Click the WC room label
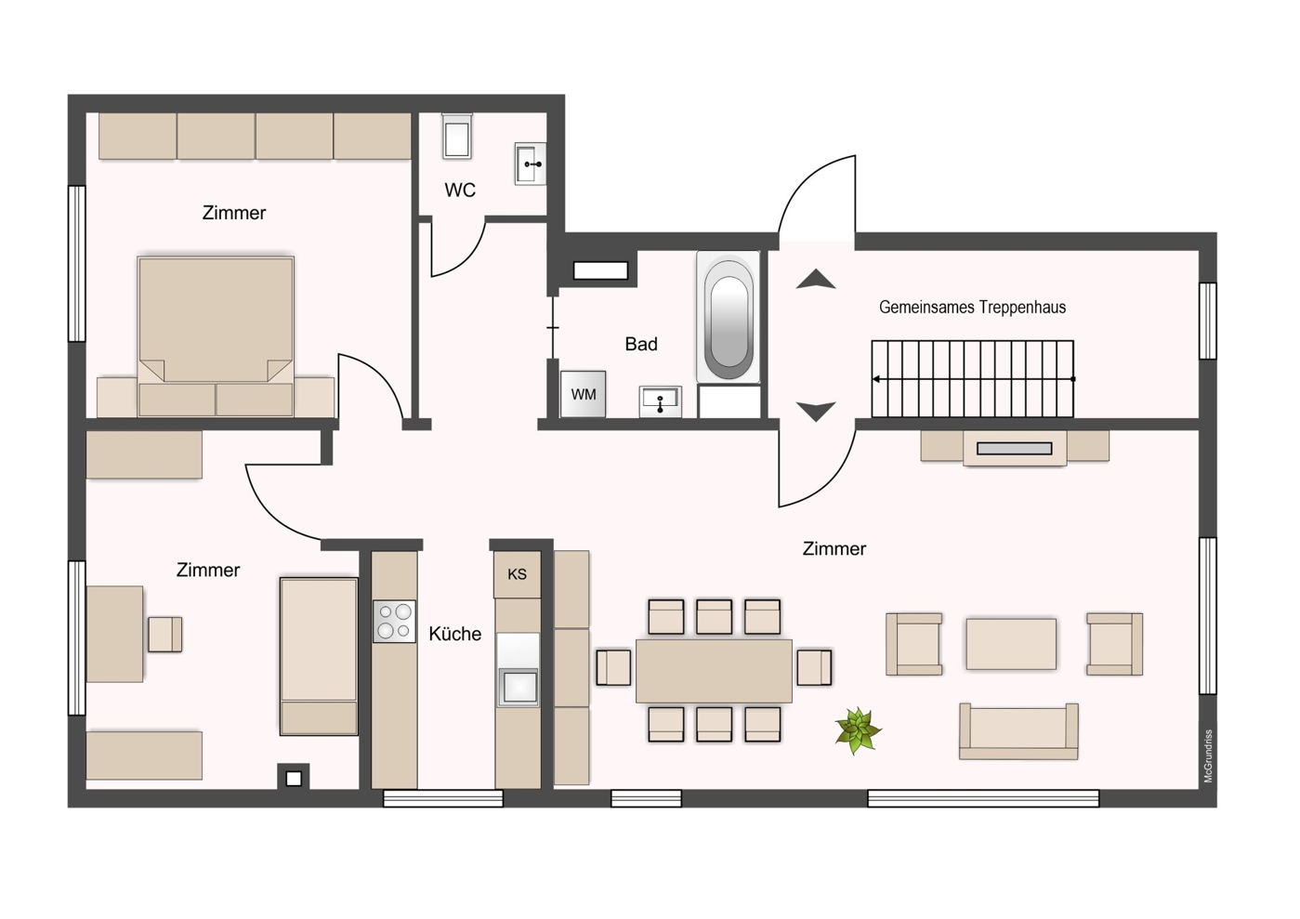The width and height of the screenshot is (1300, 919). pyautogui.click(x=460, y=190)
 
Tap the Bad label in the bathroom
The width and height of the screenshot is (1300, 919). pyautogui.click(x=641, y=344)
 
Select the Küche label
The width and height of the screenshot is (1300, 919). pyautogui.click(x=455, y=634)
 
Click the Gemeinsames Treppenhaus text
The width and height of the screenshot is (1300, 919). pyautogui.click(x=972, y=307)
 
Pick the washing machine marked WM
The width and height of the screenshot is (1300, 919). pyautogui.click(x=584, y=394)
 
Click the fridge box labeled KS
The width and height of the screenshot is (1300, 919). pyautogui.click(x=517, y=574)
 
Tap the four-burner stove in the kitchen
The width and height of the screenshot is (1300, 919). pyautogui.click(x=395, y=622)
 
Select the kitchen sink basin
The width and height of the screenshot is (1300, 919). pyautogui.click(x=519, y=688)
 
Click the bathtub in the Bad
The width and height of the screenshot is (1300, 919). pyautogui.click(x=729, y=317)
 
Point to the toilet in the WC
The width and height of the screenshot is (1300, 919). pyautogui.click(x=456, y=137)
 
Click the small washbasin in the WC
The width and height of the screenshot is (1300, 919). pyautogui.click(x=531, y=164)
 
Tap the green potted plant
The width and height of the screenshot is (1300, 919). pyautogui.click(x=858, y=730)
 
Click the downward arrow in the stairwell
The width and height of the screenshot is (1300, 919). pyautogui.click(x=816, y=412)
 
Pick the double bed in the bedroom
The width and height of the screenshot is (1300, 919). pyautogui.click(x=216, y=336)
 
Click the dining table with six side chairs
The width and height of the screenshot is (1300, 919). pyautogui.click(x=714, y=671)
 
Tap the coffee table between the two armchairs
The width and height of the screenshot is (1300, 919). pyautogui.click(x=1011, y=644)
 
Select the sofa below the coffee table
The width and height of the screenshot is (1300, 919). pyautogui.click(x=1018, y=731)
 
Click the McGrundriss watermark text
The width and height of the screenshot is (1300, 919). pyautogui.click(x=1208, y=756)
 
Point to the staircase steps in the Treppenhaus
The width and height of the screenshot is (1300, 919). pyautogui.click(x=973, y=379)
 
